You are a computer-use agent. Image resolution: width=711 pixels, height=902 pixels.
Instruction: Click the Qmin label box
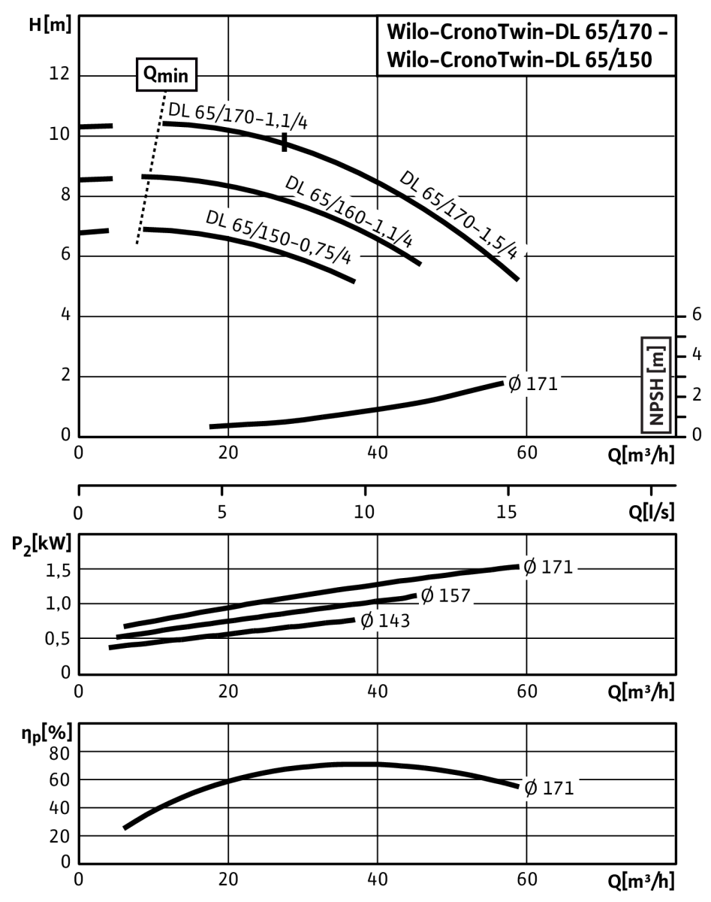[x=166, y=74]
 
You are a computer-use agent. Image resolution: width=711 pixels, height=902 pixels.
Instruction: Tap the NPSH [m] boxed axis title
[x=656, y=385]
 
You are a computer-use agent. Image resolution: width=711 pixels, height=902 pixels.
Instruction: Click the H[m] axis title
[x=50, y=25]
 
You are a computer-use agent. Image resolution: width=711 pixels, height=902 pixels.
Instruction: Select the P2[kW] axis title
[x=41, y=545]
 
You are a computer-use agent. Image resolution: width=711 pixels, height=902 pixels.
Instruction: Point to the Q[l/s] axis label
[x=652, y=511]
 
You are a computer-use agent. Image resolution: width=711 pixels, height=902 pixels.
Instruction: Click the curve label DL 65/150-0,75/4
[x=279, y=237]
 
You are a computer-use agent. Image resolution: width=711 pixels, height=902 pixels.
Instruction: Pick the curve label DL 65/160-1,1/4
[x=349, y=211]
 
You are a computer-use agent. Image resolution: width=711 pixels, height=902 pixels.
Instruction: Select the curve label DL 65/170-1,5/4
[x=459, y=215]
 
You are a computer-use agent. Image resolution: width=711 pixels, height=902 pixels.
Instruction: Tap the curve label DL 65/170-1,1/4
[x=238, y=116]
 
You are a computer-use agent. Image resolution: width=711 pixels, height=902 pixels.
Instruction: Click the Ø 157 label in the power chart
[x=445, y=595]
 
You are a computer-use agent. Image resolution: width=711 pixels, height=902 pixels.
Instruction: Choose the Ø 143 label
[x=385, y=621]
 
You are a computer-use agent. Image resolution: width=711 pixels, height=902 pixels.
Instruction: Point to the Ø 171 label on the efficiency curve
[x=549, y=788]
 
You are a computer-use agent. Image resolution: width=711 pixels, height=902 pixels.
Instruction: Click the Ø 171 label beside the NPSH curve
[x=533, y=384]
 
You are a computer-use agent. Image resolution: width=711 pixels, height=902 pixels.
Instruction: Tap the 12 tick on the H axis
[x=59, y=74]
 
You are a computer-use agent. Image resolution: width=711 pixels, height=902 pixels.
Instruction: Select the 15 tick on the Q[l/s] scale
[x=507, y=512]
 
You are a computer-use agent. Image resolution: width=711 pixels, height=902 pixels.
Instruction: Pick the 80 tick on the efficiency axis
[x=59, y=754]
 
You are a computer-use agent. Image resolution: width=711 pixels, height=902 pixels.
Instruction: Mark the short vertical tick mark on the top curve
[x=285, y=142]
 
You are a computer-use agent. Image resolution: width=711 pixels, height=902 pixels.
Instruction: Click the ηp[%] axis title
[x=47, y=734]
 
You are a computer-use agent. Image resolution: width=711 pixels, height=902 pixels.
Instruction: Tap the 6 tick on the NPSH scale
[x=697, y=314]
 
